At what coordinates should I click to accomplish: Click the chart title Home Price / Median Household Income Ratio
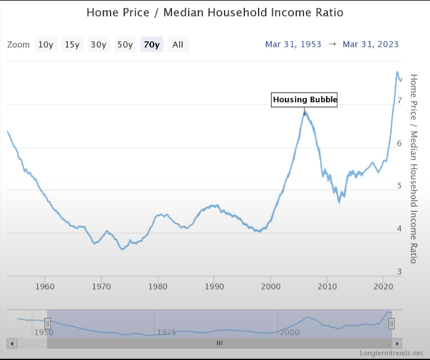click(x=215, y=13)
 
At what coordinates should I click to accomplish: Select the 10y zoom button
click(x=46, y=45)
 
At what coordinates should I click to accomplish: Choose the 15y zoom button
click(x=72, y=45)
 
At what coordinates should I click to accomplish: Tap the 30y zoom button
click(x=99, y=45)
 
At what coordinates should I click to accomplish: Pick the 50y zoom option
click(x=125, y=45)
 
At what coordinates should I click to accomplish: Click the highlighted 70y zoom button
click(x=152, y=45)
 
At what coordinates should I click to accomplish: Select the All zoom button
click(x=178, y=45)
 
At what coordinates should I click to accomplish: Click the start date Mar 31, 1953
click(x=293, y=44)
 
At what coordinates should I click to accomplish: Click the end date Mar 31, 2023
click(x=371, y=44)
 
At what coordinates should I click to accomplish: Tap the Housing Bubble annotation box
click(x=305, y=100)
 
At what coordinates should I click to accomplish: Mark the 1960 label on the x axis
click(x=45, y=287)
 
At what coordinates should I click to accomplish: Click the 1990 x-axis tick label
click(x=214, y=287)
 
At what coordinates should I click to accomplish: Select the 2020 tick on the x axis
click(x=383, y=287)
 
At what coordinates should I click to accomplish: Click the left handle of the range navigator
click(x=47, y=324)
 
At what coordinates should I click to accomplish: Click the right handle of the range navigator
click(x=392, y=324)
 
